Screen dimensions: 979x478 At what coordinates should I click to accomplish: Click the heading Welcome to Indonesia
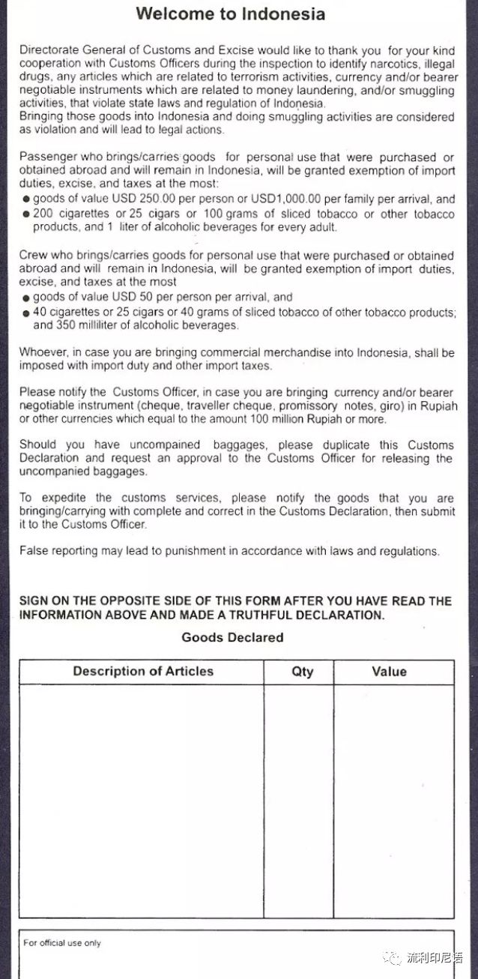coord(230,13)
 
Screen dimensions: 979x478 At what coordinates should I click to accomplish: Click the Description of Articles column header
coord(143,671)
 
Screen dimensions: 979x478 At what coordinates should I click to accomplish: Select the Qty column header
coord(302,672)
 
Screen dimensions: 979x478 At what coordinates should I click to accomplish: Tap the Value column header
coord(389,672)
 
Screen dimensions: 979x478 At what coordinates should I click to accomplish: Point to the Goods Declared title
coord(232,637)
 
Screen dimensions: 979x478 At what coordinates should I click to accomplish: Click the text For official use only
coord(62,942)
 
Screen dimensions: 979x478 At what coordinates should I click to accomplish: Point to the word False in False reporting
coord(33,551)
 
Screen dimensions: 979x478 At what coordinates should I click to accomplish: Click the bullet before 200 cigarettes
coord(26,214)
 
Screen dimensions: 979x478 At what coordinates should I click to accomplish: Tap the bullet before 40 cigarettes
coord(26,312)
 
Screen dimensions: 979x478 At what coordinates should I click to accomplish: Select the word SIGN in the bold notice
coord(35,601)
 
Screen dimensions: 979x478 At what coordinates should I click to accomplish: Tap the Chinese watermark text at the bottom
coord(435,957)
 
